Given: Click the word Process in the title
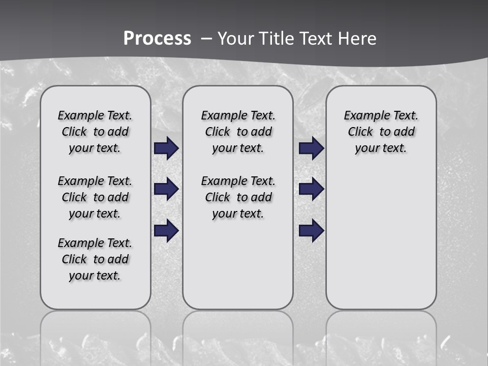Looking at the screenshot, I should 157,38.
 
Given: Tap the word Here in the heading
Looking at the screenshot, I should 358,38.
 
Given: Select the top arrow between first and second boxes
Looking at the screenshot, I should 166,148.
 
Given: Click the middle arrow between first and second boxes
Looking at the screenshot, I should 166,189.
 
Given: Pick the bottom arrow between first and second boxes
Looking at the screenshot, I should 166,230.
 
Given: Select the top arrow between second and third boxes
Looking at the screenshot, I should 311,148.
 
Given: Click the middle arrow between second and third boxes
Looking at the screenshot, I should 311,189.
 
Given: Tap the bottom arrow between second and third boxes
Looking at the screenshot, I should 311,230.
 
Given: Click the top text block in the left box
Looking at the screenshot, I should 95,132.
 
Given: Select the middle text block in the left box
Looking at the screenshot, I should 95,197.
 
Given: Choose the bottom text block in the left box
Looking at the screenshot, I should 95,259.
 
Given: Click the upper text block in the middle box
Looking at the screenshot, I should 238,132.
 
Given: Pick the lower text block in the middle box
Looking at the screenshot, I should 238,197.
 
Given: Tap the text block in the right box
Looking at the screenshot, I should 381,132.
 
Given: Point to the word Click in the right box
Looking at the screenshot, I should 360,132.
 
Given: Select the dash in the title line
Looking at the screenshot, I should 207,39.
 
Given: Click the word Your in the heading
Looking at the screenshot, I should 235,38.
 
